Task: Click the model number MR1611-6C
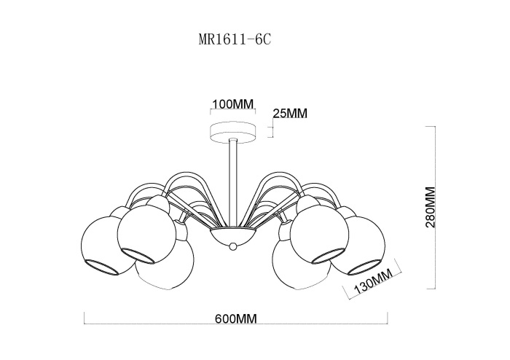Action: tap(235, 39)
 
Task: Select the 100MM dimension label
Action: tap(232, 104)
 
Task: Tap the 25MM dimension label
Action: tap(290, 114)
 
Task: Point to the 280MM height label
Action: tap(430, 207)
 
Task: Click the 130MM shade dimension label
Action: tap(372, 281)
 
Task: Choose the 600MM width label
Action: tap(236, 318)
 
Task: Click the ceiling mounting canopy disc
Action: tap(233, 132)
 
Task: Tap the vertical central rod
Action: tap(233, 183)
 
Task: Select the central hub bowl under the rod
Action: tap(233, 235)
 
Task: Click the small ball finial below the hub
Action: tap(233, 246)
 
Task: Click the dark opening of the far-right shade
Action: tap(364, 267)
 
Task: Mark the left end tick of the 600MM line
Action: tap(85, 318)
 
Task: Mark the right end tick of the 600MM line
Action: tap(388, 318)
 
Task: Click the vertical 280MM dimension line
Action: tap(435, 207)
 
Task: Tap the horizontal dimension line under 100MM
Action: tap(233, 109)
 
